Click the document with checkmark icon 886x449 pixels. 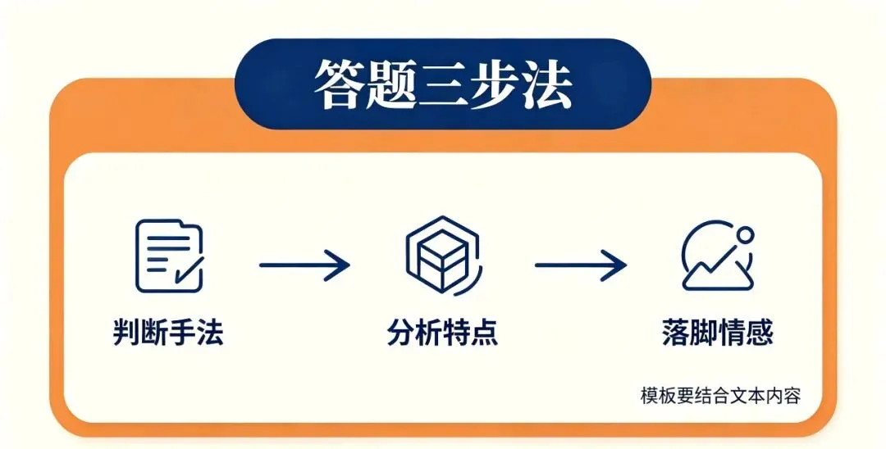tap(169, 256)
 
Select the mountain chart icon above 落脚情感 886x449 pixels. tap(718, 256)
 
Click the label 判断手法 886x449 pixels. tap(168, 332)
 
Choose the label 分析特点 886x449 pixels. tap(443, 332)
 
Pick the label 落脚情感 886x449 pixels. tap(718, 332)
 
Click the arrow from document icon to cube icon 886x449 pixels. tap(304, 265)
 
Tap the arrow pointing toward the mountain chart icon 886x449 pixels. tap(581, 265)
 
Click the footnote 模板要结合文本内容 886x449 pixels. tap(720, 396)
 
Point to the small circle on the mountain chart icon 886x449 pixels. tap(745, 234)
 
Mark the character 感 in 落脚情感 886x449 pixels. tap(760, 332)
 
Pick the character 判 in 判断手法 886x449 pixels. tap(126, 332)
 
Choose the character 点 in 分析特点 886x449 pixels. tap(485, 332)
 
